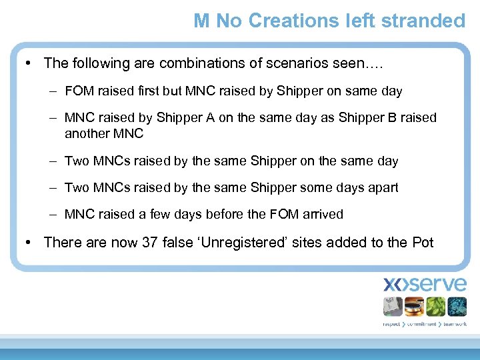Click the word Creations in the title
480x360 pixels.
tap(291, 21)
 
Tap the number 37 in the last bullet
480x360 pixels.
tap(149, 242)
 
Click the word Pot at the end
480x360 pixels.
tap(423, 242)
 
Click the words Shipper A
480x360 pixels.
tap(185, 118)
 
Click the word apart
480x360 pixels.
tap(383, 187)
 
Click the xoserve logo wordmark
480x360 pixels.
tap(425, 284)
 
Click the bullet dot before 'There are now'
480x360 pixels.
tap(28, 242)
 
